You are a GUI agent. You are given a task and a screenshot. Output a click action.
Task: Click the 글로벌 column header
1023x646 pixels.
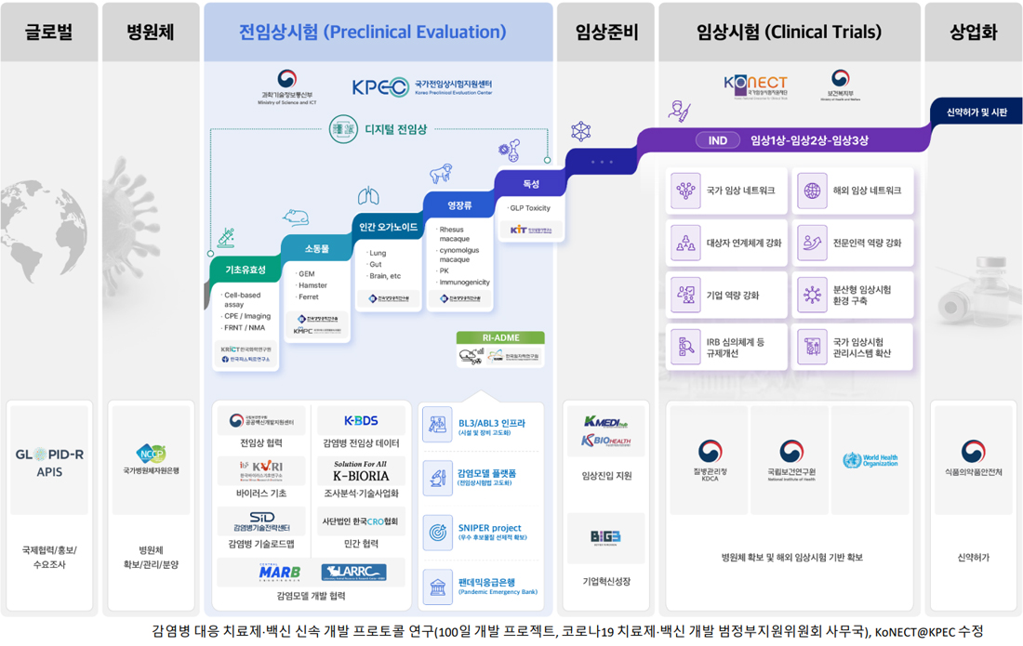pyautogui.click(x=48, y=32)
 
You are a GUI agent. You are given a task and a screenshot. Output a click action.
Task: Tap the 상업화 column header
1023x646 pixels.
pyautogui.click(x=973, y=32)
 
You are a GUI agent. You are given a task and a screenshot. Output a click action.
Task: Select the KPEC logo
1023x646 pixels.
pyautogui.click(x=380, y=87)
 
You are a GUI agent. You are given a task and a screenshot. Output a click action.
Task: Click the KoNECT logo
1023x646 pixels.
pyautogui.click(x=755, y=84)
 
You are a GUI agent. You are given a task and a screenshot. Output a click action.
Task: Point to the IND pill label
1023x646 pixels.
pyautogui.click(x=717, y=140)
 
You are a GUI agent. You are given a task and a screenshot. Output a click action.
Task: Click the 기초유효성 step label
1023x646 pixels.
pyautogui.click(x=246, y=270)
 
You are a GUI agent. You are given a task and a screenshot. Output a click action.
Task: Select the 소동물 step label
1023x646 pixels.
pyautogui.click(x=316, y=248)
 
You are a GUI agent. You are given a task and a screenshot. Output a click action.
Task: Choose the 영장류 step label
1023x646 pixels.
pyautogui.click(x=459, y=204)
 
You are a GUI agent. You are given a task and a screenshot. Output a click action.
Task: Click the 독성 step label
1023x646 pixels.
pyautogui.click(x=531, y=184)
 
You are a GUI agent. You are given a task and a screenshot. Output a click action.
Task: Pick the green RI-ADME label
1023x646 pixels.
pyautogui.click(x=500, y=337)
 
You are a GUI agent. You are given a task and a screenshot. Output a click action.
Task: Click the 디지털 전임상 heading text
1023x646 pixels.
pyautogui.click(x=395, y=129)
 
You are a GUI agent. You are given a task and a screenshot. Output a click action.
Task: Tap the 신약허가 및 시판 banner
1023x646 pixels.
pyautogui.click(x=976, y=112)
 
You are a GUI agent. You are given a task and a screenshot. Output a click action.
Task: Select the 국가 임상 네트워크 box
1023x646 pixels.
pyautogui.click(x=727, y=191)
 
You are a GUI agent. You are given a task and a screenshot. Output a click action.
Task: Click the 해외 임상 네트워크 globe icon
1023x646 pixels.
pyautogui.click(x=812, y=191)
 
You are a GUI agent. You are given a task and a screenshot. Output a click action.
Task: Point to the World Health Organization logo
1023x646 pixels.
pyautogui.click(x=870, y=460)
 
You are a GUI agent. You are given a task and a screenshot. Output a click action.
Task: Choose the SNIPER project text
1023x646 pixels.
pyautogui.click(x=490, y=527)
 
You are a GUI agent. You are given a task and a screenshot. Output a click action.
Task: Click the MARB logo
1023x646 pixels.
pyautogui.click(x=279, y=573)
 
